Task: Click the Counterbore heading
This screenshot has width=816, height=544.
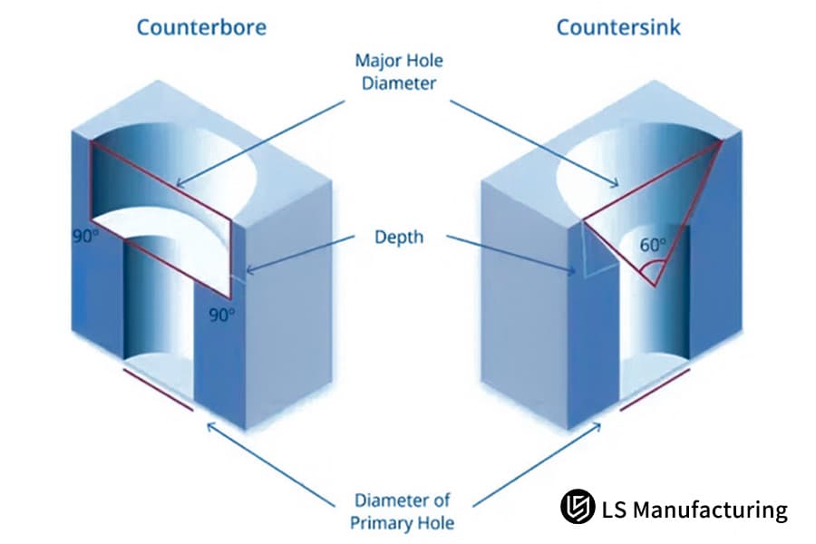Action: coord(201,27)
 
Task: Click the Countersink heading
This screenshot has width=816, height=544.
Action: coord(618,27)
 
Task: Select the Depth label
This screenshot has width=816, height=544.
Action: coord(399,238)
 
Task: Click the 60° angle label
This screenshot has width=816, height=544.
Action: coord(654,245)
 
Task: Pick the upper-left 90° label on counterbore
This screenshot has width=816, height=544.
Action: coord(85,237)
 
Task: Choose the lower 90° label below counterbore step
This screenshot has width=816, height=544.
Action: coord(222,315)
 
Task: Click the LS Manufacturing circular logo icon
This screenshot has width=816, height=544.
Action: coord(577,508)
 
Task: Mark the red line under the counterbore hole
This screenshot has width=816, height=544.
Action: coord(158,389)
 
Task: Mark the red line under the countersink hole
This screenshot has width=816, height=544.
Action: coord(655,389)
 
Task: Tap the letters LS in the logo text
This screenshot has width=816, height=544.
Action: coord(614,510)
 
